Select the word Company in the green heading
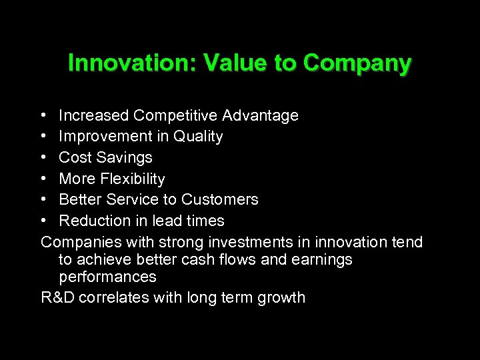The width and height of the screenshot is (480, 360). pos(357,63)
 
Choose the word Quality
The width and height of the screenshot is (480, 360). pos(197,137)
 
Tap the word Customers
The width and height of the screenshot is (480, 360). pos(220,199)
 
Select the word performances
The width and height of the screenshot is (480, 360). pos(107,277)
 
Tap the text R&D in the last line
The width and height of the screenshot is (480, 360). pos(58,297)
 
